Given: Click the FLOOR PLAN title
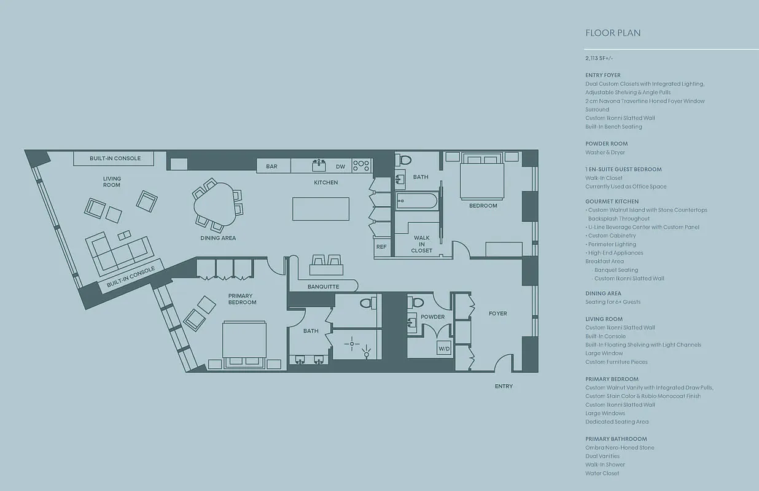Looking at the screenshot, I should click(x=613, y=33).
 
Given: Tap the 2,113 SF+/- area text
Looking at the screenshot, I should click(x=599, y=58).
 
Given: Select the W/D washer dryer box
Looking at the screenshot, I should click(x=443, y=349).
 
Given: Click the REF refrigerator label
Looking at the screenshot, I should click(x=381, y=247).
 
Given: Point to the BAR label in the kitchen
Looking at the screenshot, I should click(x=271, y=166).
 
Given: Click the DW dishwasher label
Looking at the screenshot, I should click(x=340, y=166).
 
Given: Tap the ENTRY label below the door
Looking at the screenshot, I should click(x=504, y=386).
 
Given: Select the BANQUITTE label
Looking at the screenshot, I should click(x=323, y=286).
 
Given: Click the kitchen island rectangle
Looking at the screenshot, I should click(x=321, y=209).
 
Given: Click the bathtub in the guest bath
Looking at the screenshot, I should click(x=416, y=201).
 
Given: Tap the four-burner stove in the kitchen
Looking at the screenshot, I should click(x=361, y=165).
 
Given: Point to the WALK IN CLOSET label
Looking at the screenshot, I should click(x=422, y=244).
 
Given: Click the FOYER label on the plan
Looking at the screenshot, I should click(x=497, y=314).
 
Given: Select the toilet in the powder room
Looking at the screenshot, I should click(x=417, y=302).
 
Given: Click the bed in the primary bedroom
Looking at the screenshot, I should click(x=244, y=344).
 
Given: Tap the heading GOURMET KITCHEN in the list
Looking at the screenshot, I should click(x=612, y=201).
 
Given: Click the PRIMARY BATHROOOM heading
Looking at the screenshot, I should click(x=615, y=439).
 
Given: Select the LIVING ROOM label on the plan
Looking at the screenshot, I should click(x=112, y=182).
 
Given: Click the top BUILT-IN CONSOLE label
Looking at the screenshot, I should click(x=115, y=158).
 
